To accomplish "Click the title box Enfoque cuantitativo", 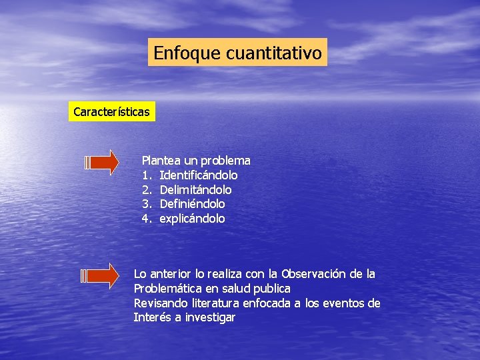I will [238, 52].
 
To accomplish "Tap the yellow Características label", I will [111, 111].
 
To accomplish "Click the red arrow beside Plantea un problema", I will [103, 162].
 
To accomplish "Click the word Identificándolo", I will [199, 175].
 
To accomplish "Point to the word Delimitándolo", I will [196, 190].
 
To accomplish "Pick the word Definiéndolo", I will [193, 204].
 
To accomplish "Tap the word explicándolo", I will [193, 219].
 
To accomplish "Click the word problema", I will [226, 161].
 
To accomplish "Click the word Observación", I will [313, 274].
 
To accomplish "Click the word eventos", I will [345, 303].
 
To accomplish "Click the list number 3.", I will [146, 204].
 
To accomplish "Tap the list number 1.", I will [146, 175].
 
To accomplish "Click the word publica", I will [274, 289].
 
